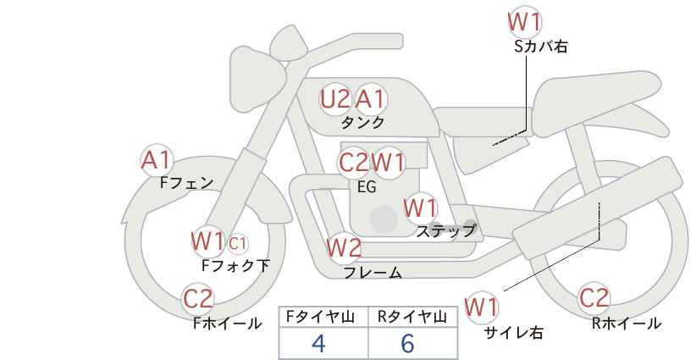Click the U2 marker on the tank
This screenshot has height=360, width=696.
click(x=334, y=99)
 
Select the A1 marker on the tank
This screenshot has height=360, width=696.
click(x=370, y=99)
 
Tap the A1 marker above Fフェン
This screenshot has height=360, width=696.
click(x=156, y=161)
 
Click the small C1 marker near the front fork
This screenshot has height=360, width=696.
click(x=237, y=243)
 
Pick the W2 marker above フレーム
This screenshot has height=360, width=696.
click(x=344, y=247)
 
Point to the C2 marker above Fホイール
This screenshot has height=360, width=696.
click(x=198, y=299)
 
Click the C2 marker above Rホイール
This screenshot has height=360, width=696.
click(x=594, y=298)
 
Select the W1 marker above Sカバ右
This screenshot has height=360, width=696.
click(x=525, y=23)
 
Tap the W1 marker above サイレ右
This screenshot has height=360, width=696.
click(x=481, y=307)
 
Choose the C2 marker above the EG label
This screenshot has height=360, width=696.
click(x=353, y=163)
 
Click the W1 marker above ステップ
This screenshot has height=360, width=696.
click(x=421, y=208)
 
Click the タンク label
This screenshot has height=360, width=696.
click(x=362, y=123)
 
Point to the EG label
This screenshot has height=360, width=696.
click(x=367, y=187)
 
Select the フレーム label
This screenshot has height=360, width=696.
click(x=373, y=272)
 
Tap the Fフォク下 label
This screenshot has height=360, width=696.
click(x=235, y=265)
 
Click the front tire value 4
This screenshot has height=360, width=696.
click(x=318, y=343)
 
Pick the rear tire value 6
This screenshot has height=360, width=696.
click(x=407, y=343)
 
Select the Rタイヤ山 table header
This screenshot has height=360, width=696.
click(x=412, y=317)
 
